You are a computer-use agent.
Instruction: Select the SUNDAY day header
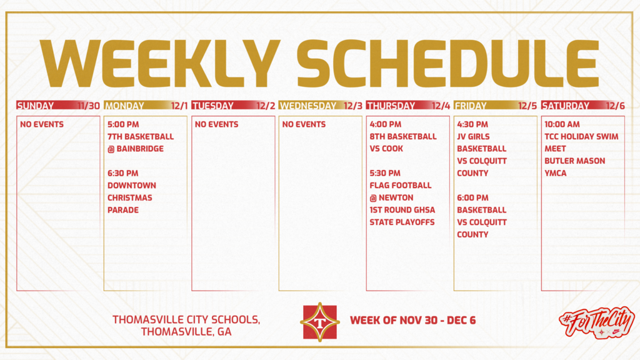35,106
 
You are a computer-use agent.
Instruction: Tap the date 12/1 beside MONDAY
178,106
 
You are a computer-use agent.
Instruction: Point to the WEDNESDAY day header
307,106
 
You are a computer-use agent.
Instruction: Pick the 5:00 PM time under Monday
123,124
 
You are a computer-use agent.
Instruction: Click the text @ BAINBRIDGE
136,149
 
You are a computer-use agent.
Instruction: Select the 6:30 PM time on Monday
123,173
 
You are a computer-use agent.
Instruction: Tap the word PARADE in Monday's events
123,210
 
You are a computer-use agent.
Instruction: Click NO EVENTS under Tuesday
216,124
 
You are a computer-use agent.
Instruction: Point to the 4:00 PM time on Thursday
386,124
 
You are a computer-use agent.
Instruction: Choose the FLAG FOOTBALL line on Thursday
401,185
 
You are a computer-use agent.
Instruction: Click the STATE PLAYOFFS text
402,222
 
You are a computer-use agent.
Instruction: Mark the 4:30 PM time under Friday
472,124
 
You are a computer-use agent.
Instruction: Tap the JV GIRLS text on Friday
474,136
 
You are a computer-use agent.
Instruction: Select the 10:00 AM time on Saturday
562,124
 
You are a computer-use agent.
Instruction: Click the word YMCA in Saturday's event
556,173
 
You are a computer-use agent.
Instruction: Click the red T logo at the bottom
320,322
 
